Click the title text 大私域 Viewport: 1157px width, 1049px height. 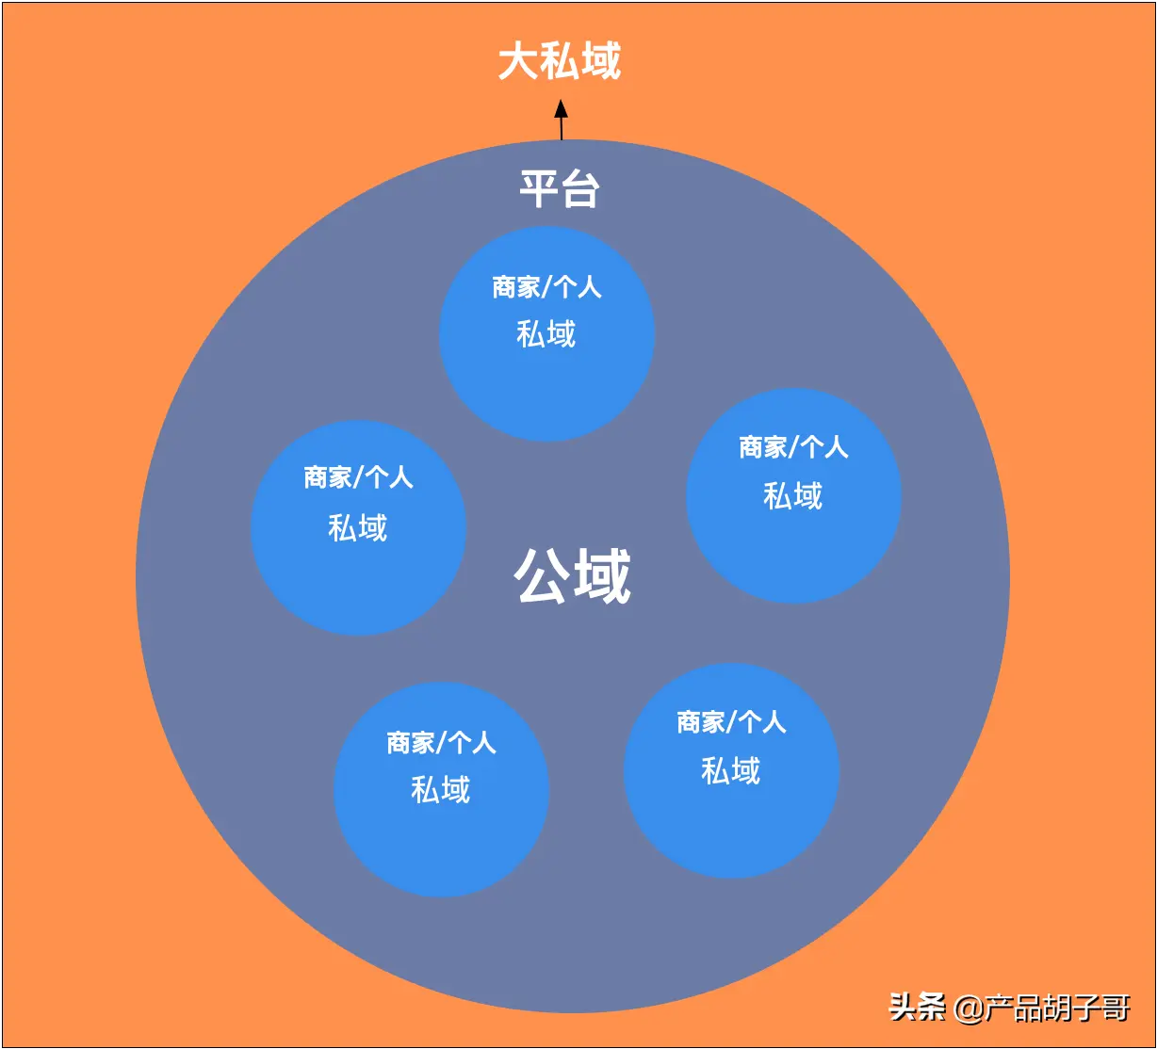point(560,62)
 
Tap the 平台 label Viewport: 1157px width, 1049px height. point(560,189)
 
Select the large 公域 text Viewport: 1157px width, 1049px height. point(573,576)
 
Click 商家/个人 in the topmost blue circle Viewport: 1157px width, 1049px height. point(546,286)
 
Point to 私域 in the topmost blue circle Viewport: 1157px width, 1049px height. point(546,333)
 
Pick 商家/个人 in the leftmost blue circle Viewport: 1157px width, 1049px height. point(358,477)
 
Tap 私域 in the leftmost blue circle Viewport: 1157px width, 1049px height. point(358,527)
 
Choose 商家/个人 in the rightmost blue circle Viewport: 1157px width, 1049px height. point(793,447)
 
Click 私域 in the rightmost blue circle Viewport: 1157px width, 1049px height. point(793,495)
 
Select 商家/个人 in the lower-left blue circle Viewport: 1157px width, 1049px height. point(441,743)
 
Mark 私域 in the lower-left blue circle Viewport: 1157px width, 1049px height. point(441,789)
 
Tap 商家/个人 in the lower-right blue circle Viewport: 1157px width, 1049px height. point(731,722)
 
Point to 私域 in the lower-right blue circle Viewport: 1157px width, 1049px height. point(731,771)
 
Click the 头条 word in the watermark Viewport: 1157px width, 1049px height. point(918,1008)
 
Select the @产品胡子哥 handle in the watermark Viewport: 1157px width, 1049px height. point(1041,1009)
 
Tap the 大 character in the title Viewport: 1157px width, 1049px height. point(518,62)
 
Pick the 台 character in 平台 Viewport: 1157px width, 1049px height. point(581,189)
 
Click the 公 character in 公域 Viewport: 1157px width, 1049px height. point(543,576)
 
